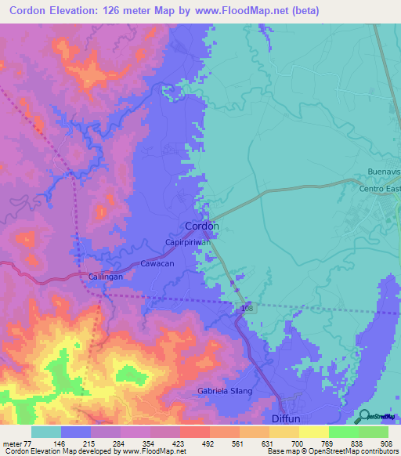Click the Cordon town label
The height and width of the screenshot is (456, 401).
[x=201, y=226]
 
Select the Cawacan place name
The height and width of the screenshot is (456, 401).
[x=157, y=264]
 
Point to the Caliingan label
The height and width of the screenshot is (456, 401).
[x=106, y=277]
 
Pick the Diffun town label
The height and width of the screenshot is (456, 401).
[x=286, y=418]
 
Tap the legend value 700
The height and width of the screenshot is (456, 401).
[x=286, y=443]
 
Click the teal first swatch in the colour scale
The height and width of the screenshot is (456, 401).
[x=45, y=432]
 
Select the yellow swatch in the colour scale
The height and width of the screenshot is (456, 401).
[x=313, y=432]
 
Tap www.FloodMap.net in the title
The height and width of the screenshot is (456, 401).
[x=240, y=11]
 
